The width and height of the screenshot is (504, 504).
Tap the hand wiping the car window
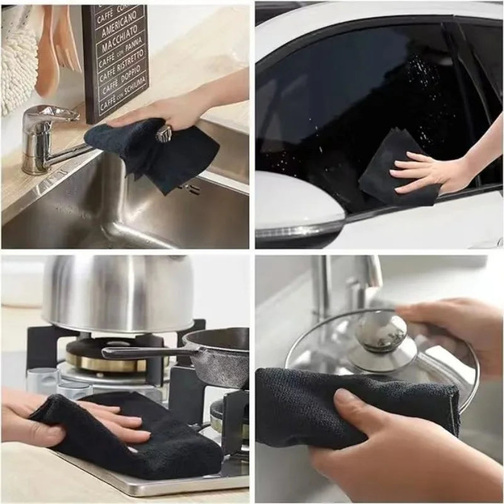(428, 170)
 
